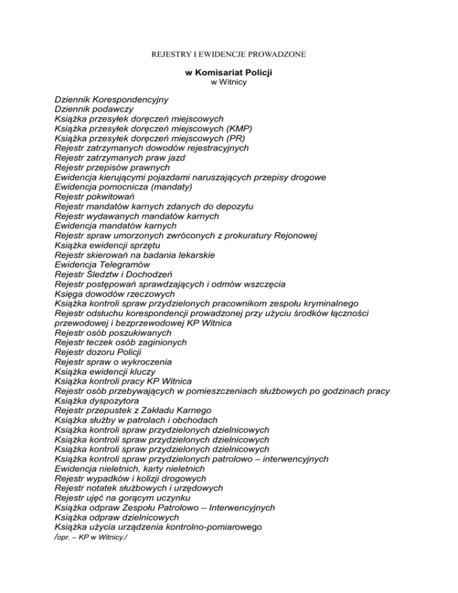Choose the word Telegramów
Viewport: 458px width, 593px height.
[x=125, y=264]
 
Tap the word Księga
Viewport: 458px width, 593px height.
[x=69, y=294]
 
